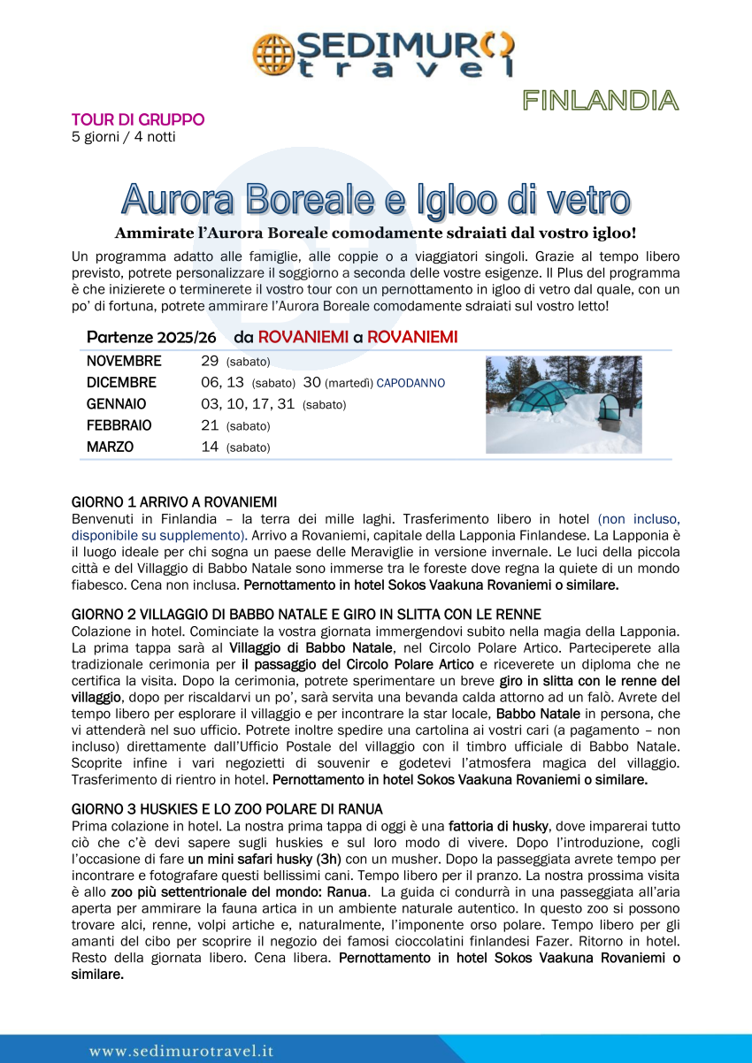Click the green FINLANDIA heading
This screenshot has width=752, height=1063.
click(x=600, y=100)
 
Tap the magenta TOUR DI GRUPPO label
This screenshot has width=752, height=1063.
click(x=137, y=119)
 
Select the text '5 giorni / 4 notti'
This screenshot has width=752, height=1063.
click(x=123, y=136)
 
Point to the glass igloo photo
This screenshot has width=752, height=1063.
click(x=564, y=404)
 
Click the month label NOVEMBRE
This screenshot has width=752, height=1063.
click(x=124, y=361)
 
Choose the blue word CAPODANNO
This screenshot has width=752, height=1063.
click(x=411, y=383)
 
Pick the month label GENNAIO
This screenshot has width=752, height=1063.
click(x=117, y=404)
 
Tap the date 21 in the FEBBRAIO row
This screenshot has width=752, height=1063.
click(x=211, y=425)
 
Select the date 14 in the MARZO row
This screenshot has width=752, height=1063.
click(x=211, y=447)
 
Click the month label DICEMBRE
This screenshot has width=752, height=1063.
click(x=121, y=383)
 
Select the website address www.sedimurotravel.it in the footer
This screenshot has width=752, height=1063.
click(x=181, y=1051)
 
